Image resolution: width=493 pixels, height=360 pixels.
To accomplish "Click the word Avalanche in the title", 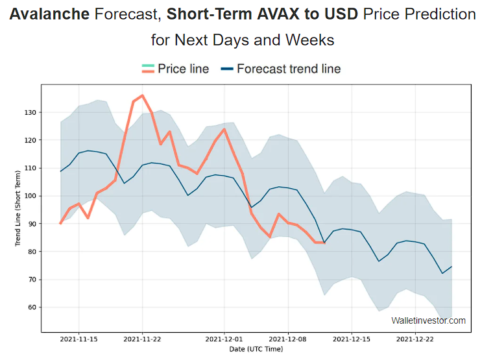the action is pos(49,14).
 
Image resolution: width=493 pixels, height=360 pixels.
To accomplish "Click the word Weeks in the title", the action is pos(309,40).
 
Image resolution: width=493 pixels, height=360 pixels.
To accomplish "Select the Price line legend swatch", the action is pos(148,69).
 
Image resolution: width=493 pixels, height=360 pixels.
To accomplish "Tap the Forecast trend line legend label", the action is pos(289,69).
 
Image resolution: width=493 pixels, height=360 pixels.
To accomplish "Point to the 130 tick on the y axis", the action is pos(30,113).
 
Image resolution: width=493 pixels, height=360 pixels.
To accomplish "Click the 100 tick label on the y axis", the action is pos(30,196).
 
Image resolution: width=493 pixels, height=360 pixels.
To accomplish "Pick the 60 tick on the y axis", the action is pos(32,307).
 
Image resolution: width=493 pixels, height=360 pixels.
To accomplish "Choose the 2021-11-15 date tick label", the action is pos(79,339).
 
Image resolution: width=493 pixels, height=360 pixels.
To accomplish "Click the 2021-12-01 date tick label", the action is pos(224,339).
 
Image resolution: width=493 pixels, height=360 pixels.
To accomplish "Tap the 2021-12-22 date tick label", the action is pos(415,339).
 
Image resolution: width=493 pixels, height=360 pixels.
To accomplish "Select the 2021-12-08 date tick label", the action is pos(288,339).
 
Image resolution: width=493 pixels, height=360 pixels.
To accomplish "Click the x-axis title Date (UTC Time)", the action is pos(256,349).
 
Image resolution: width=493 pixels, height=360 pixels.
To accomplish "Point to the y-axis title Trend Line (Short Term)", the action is pos(18,208).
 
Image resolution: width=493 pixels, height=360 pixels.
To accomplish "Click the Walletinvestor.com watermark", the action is pos(428,320).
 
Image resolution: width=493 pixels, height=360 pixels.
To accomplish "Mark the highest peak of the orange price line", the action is pos(143,95).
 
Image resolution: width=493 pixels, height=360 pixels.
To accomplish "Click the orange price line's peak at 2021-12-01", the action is pos(224,129).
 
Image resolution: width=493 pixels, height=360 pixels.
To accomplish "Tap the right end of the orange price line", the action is pos(324,243).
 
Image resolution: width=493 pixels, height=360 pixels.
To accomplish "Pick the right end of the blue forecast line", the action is pos(451,267).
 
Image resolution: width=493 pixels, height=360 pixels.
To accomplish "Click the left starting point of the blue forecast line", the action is pos(61,171).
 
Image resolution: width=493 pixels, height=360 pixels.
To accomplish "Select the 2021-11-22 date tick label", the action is pos(143,339).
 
